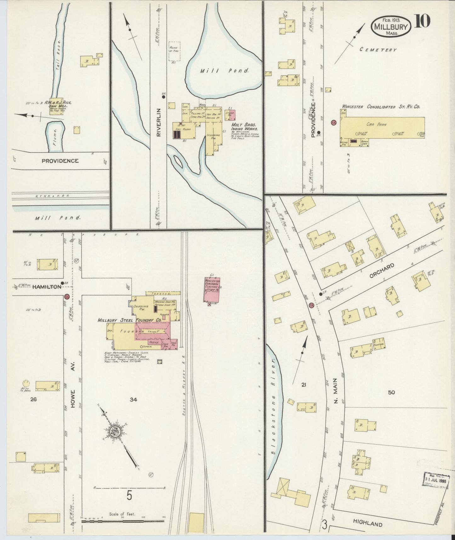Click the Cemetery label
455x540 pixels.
pyautogui.click(x=378, y=50)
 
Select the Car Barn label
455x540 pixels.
pyautogui.click(x=380, y=124)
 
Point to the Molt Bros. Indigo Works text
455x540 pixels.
pyautogui.click(x=245, y=127)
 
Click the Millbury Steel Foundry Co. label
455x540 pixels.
pyautogui.click(x=129, y=320)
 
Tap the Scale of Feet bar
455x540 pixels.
pyautogui.click(x=123, y=521)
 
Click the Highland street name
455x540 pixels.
pyautogui.click(x=367, y=524)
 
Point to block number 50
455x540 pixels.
pyautogui.click(x=391, y=392)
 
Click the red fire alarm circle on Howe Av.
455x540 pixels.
pyautogui.click(x=66, y=296)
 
